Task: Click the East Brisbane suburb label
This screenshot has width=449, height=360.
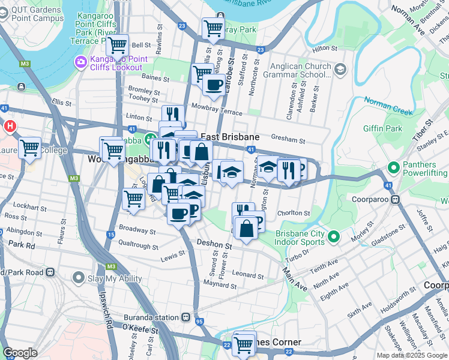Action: [229, 136]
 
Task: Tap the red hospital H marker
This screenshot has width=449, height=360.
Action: [10, 127]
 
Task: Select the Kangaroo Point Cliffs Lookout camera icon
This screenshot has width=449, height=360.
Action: [80, 62]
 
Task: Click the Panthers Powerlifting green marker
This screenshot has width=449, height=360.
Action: [394, 167]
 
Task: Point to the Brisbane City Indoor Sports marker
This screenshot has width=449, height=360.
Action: [334, 239]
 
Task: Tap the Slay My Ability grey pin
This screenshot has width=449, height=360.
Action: [77, 278]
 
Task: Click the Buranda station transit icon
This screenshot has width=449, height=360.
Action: [187, 317]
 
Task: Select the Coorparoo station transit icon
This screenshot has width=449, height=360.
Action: [396, 199]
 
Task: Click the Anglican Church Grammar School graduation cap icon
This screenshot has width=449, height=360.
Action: [340, 70]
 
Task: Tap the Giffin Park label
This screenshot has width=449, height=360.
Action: [383, 128]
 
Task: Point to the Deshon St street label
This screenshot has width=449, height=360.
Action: [214, 245]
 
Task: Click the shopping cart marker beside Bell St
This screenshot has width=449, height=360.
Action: [117, 45]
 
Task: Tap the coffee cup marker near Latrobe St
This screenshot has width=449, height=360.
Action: [214, 85]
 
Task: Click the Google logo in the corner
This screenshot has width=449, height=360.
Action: [20, 353]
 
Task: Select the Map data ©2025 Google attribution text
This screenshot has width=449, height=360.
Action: [412, 355]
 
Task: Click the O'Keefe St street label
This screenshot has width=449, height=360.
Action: [140, 329]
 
